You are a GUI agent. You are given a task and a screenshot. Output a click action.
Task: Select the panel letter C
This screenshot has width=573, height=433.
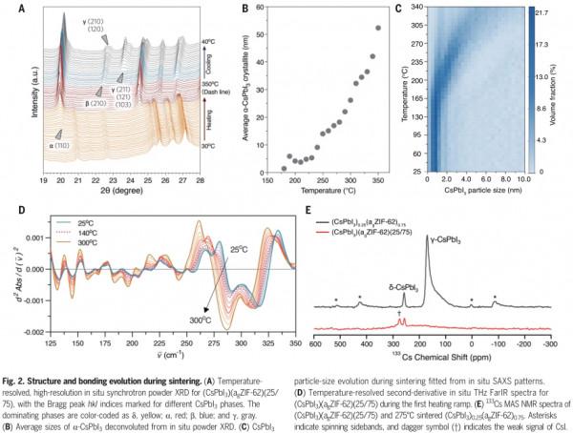pos(397,7)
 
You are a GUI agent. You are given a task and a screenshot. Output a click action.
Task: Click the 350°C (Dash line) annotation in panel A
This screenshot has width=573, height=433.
pos(212,87)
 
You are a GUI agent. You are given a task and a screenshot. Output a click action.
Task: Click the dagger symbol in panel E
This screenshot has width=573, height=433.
pos(396,312)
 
